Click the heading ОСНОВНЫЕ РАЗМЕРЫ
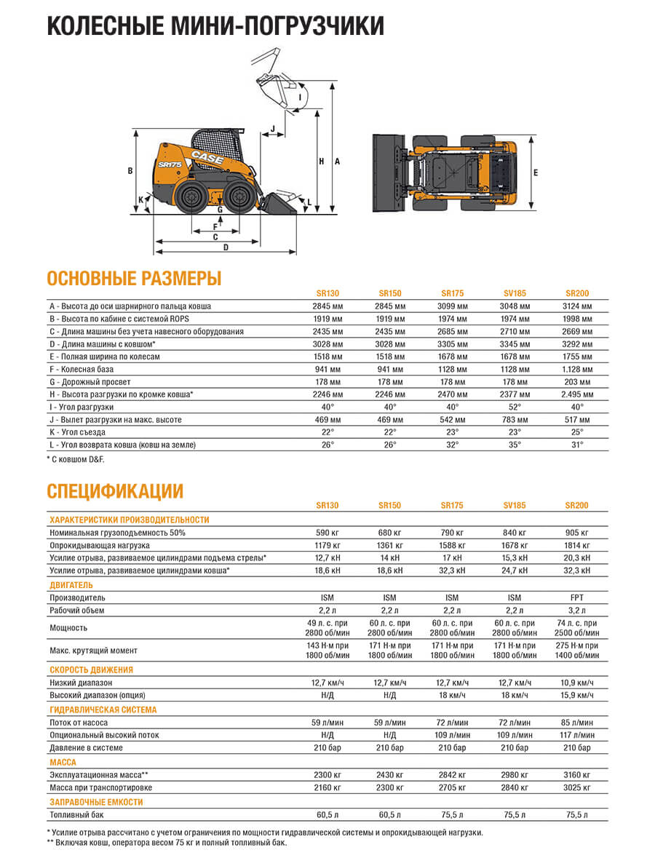point(134,278)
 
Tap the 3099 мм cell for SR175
point(452,306)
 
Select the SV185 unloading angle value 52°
point(515,407)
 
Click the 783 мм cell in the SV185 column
point(515,420)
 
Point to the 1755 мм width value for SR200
point(577,357)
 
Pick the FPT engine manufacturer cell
point(577,597)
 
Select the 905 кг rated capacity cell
point(577,533)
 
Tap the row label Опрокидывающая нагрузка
point(100,545)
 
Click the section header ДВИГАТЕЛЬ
point(72,584)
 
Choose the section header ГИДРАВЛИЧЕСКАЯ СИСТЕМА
point(103,710)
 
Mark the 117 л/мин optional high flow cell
point(577,735)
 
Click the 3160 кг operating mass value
point(577,775)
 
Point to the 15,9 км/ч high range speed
point(577,695)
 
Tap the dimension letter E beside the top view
point(535,173)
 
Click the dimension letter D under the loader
point(226,247)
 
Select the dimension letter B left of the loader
point(130,171)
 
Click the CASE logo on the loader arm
point(207,155)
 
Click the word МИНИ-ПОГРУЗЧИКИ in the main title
point(285,25)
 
